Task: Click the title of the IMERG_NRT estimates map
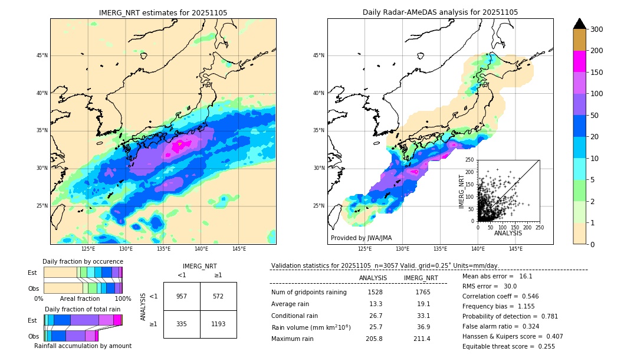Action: point(163,12)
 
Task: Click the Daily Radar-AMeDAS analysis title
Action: point(440,12)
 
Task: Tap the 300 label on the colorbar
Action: point(596,29)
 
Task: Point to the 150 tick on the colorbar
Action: point(596,72)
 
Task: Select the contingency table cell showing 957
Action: point(182,296)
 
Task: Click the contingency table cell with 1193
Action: point(218,324)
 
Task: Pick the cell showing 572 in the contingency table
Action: point(218,296)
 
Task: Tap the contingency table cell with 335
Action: point(182,324)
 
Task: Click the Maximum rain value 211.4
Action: point(422,339)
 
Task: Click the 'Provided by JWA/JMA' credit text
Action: point(361,238)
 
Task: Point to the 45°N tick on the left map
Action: point(42,55)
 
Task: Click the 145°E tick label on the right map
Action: point(515,249)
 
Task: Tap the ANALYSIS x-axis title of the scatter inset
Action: point(508,233)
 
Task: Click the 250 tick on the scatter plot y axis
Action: point(470,160)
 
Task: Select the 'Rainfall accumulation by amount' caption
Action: point(83,346)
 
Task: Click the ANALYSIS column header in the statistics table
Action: point(373,278)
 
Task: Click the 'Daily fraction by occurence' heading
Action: point(83,261)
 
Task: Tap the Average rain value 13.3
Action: point(376,304)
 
